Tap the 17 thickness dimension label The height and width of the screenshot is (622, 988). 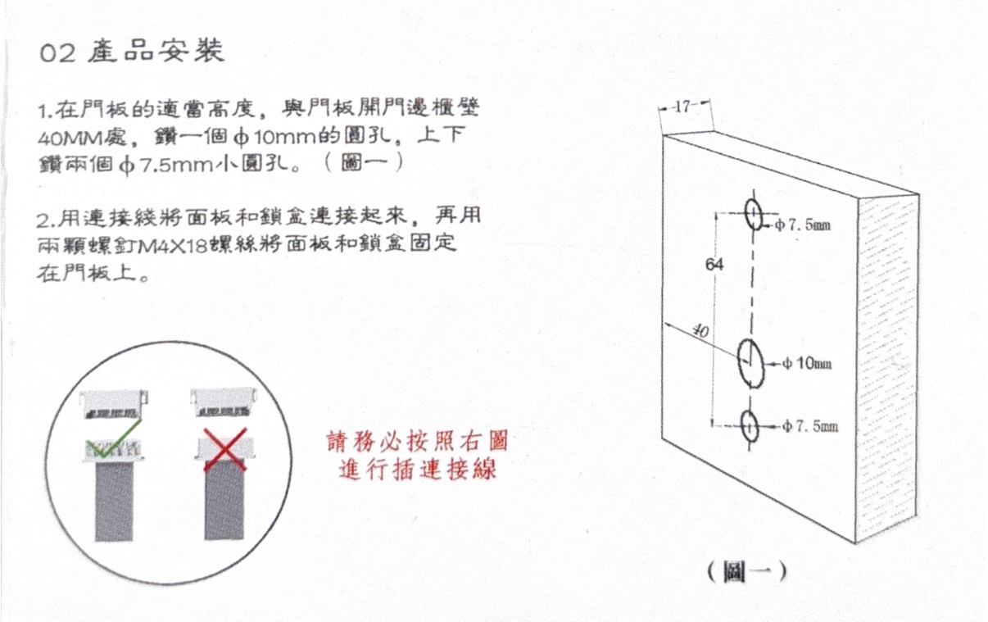(x=682, y=107)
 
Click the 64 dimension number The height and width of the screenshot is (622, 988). (x=714, y=264)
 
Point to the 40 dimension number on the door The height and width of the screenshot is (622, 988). (x=700, y=330)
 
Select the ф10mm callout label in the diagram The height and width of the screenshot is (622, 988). (x=807, y=364)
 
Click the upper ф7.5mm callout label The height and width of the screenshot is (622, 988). (x=803, y=225)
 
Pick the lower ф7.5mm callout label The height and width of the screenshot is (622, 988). (x=810, y=427)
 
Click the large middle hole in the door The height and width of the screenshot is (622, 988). (x=750, y=364)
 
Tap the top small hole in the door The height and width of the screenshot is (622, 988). (x=754, y=214)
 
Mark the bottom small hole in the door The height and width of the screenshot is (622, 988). (x=750, y=427)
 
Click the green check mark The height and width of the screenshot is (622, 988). (x=114, y=438)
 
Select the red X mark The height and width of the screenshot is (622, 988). (x=225, y=449)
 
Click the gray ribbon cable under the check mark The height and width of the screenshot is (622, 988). (x=114, y=502)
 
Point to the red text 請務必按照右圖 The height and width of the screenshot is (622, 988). (x=417, y=441)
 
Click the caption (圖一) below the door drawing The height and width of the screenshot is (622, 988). (x=746, y=572)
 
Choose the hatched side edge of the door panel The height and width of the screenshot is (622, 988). (x=886, y=368)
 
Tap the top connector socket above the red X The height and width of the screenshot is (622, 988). (x=223, y=402)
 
